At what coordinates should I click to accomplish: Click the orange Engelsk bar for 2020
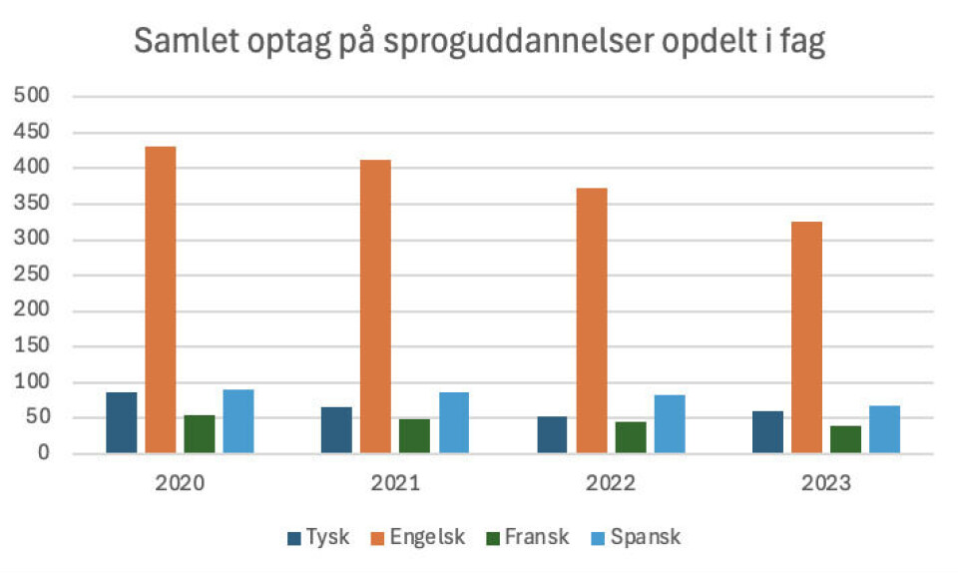(x=160, y=299)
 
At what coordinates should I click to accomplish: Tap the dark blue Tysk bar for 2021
(x=336, y=430)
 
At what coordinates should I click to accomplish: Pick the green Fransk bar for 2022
(x=631, y=437)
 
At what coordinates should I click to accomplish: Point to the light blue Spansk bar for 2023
(x=884, y=429)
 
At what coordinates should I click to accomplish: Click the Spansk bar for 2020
(x=238, y=421)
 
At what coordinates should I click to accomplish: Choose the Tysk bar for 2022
(x=552, y=434)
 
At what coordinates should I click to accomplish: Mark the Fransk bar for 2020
(x=199, y=434)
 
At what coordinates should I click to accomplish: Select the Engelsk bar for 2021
(x=375, y=306)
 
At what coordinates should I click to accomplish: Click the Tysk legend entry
(x=317, y=537)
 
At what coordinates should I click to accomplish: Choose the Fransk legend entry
(x=525, y=537)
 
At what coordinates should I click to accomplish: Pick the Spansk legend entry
(x=635, y=537)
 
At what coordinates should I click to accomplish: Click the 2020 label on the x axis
(x=180, y=484)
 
